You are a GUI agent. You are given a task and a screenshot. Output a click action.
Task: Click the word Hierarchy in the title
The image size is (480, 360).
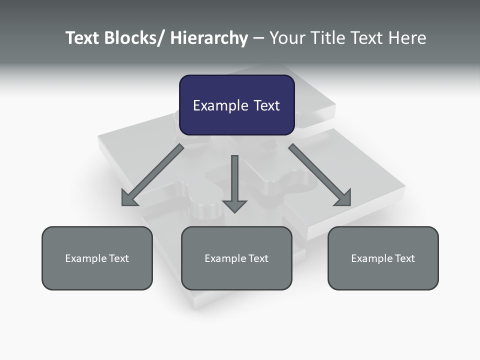[x=209, y=38]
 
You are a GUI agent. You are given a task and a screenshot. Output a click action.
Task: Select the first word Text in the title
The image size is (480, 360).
[x=83, y=38]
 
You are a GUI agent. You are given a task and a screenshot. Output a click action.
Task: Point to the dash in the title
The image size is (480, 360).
[x=258, y=38]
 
